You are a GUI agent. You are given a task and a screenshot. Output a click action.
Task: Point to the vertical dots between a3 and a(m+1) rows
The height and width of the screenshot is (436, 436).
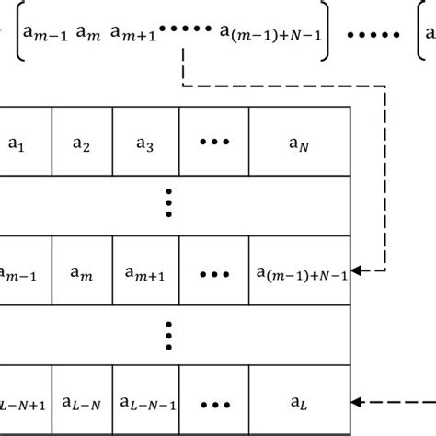(169, 203)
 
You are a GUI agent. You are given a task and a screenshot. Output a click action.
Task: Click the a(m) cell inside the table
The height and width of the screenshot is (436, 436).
(82, 272)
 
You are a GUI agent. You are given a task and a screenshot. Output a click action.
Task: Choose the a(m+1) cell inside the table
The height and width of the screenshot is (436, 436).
(145, 272)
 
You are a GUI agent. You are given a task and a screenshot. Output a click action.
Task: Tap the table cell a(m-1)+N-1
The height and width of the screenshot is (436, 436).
(299, 272)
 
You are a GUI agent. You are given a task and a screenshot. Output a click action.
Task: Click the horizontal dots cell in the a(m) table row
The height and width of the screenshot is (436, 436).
(214, 272)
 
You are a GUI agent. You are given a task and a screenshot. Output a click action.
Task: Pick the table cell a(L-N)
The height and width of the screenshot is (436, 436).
(82, 402)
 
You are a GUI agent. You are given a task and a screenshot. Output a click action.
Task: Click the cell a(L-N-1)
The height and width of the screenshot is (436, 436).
(145, 402)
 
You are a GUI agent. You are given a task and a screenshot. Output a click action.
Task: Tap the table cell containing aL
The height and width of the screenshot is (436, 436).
(299, 402)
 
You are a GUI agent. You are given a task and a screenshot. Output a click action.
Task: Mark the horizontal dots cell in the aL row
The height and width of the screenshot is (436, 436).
(214, 402)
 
